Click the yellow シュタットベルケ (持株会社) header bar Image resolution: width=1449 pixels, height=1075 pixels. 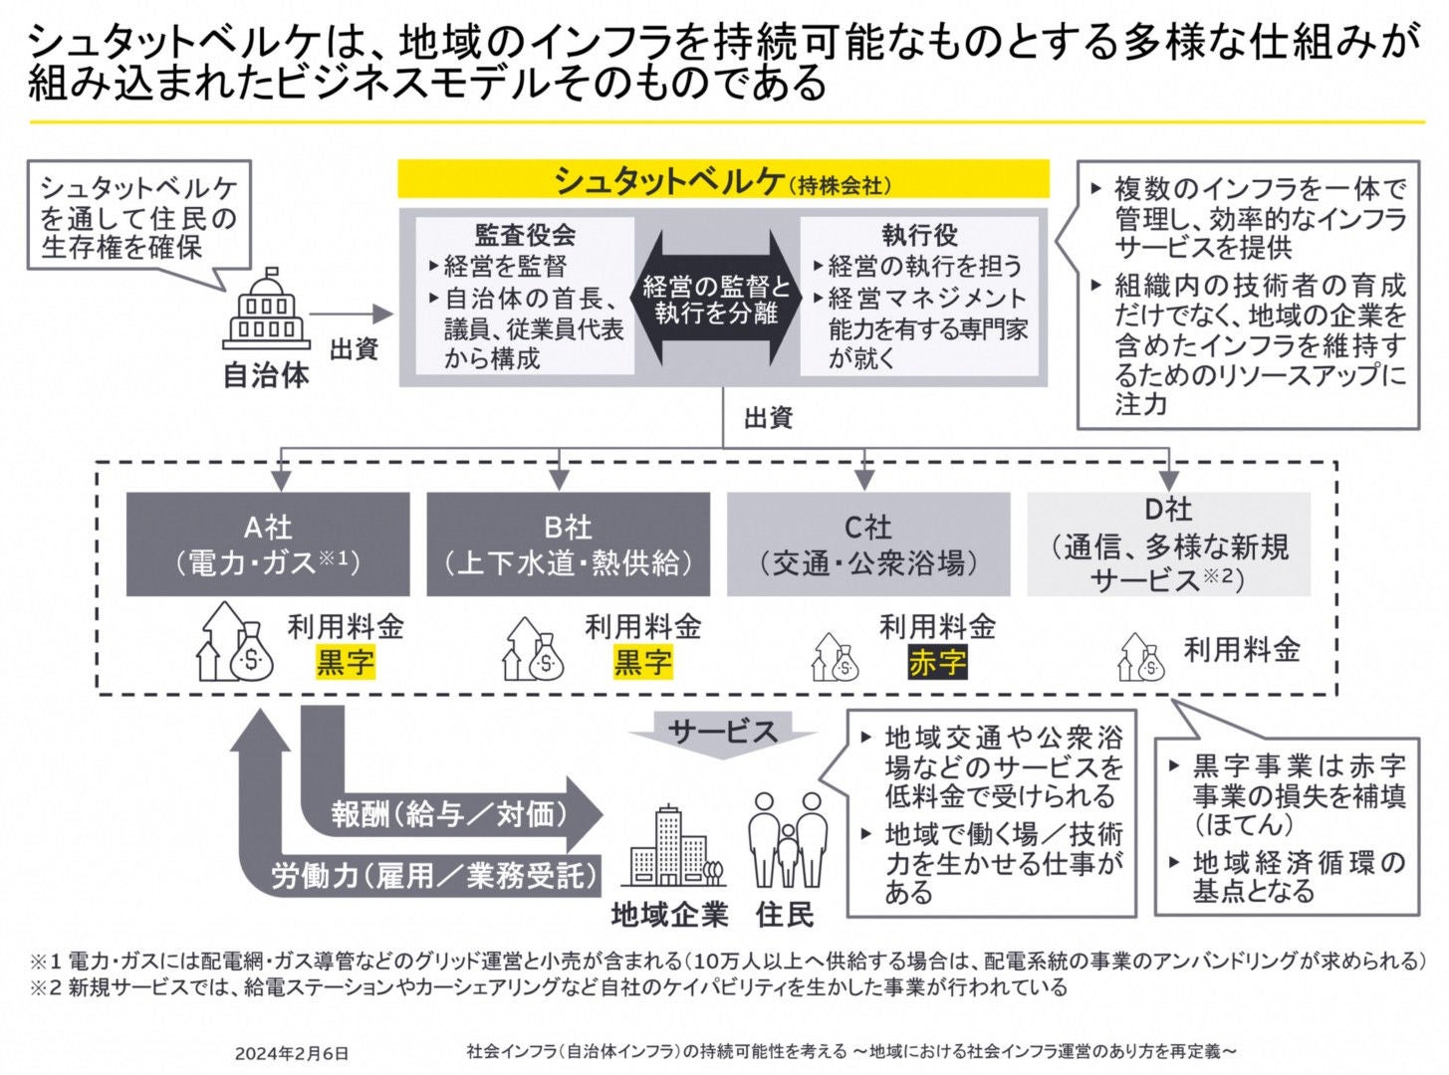tap(723, 181)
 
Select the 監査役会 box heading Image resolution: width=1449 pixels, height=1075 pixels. tap(525, 235)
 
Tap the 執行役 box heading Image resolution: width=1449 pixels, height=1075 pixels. tap(919, 235)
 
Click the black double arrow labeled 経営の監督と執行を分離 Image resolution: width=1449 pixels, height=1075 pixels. tap(717, 300)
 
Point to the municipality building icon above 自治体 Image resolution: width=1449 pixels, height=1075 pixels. tap(266, 310)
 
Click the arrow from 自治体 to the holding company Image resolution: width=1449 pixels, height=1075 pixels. tap(353, 315)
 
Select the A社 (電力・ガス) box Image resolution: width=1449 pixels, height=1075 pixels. tap(268, 543)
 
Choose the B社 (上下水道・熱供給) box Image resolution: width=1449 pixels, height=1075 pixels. tap(568, 543)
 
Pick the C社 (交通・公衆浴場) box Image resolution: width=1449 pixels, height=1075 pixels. tap(867, 543)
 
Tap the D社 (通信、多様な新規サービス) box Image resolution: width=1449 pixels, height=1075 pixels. tap(1168, 543)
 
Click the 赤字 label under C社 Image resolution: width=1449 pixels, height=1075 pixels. tap(937, 662)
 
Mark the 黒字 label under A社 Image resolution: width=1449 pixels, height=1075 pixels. tap(346, 662)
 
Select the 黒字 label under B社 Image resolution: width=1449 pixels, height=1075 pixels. tap(642, 662)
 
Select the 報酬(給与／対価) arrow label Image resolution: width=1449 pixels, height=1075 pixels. tap(450, 815)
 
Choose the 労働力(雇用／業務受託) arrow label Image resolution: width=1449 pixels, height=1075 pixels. tap(436, 875)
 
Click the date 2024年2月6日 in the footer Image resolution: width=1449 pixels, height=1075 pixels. tap(292, 1052)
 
